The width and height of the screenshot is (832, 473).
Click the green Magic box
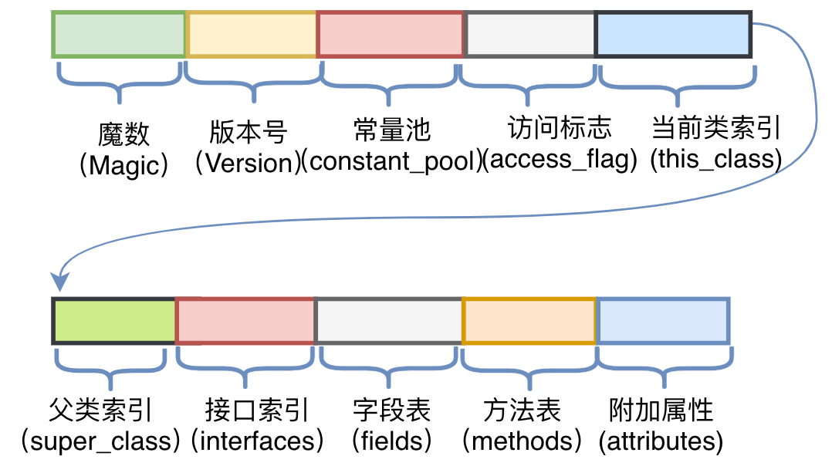(x=119, y=35)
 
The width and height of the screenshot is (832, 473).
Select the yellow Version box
(x=252, y=35)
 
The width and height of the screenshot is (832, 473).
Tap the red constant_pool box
(x=391, y=35)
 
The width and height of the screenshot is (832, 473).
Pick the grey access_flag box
(x=530, y=35)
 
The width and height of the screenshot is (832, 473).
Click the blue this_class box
(x=674, y=35)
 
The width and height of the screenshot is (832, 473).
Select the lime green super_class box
(x=114, y=320)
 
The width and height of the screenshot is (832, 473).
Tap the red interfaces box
(x=246, y=320)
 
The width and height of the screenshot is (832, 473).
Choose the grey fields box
(x=389, y=320)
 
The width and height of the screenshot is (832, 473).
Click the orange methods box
(x=529, y=320)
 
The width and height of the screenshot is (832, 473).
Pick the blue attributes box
(x=663, y=320)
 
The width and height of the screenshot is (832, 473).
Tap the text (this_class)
(x=715, y=160)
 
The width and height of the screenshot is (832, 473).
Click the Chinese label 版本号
(x=249, y=132)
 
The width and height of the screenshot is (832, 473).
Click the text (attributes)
(x=661, y=441)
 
